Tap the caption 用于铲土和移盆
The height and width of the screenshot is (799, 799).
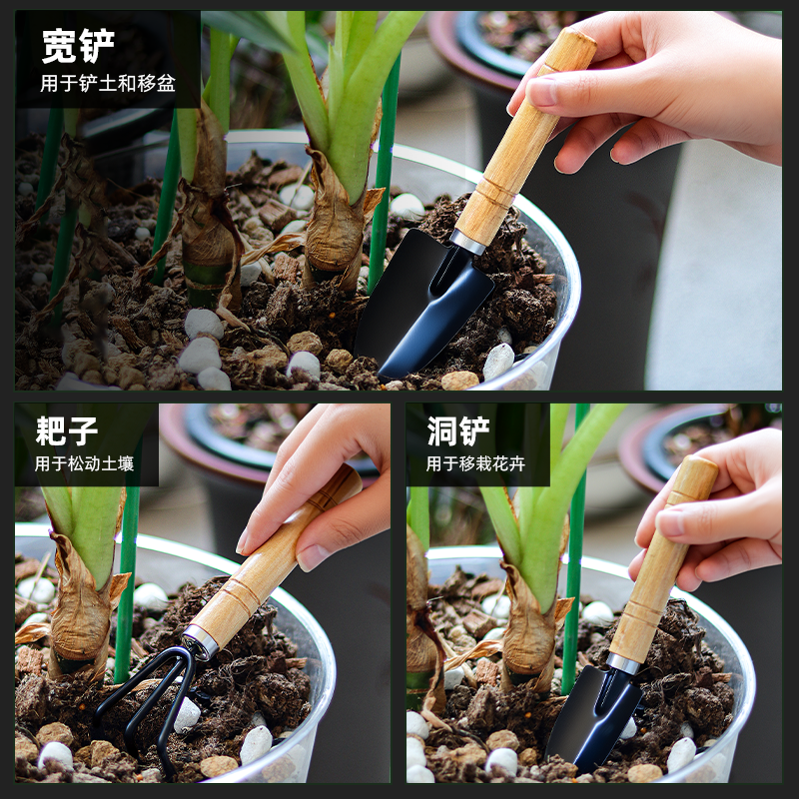tap(108, 84)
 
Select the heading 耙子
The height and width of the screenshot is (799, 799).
tap(67, 431)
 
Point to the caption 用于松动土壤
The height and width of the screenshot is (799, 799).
tap(84, 464)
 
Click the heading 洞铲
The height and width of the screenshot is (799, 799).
tap(458, 431)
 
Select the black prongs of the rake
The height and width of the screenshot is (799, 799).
tap(150, 689)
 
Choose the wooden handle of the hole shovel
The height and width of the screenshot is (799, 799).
tap(659, 569)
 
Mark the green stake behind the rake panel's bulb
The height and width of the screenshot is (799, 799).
tap(127, 599)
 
